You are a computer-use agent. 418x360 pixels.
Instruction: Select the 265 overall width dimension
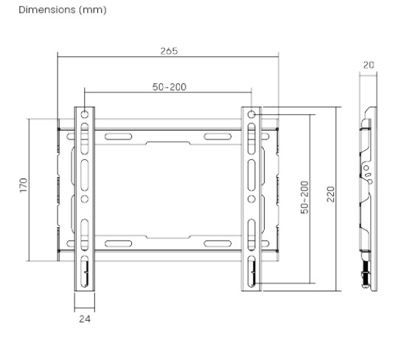coord(169,51)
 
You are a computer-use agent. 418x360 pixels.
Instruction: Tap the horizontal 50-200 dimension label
coord(169,87)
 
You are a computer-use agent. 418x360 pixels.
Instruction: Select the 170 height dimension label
coord(23,184)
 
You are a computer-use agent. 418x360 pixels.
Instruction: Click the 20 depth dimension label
coord(369,65)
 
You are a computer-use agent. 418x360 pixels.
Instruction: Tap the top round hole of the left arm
coord(85,115)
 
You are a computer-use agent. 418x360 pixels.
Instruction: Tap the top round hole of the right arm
coord(251,115)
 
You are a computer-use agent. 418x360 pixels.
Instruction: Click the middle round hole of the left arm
coord(85,198)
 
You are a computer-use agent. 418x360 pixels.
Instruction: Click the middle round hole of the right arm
coord(251,198)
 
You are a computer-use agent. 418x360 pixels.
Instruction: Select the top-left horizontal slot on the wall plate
coord(119,136)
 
